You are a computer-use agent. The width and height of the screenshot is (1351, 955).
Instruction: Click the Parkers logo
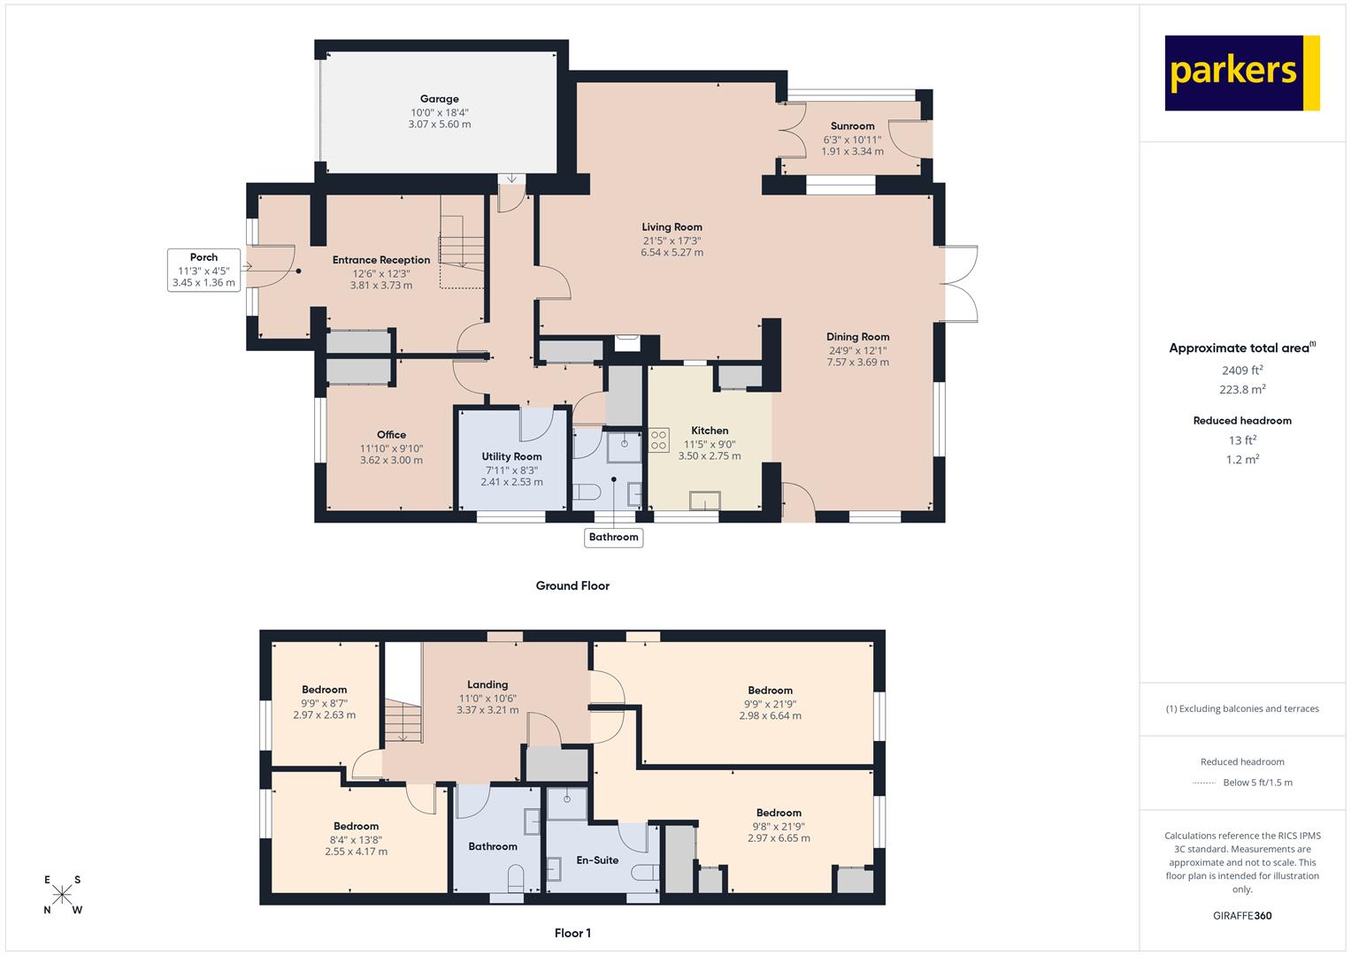[1242, 73]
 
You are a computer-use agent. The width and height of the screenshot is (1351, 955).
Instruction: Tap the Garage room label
[440, 99]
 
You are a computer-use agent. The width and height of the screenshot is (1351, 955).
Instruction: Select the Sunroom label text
[852, 126]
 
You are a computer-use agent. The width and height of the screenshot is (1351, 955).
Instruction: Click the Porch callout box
[203, 270]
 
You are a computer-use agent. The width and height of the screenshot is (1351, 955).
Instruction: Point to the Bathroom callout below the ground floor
[613, 538]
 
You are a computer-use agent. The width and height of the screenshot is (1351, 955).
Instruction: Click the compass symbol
[62, 895]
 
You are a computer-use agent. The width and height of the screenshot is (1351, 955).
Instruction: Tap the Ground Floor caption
[572, 585]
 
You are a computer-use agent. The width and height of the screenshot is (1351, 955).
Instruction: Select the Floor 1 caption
[572, 933]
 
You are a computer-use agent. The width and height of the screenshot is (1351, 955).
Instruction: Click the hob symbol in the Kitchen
[659, 440]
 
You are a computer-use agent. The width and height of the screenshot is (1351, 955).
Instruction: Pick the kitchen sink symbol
[705, 500]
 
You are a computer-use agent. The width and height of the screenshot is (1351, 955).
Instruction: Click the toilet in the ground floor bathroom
[587, 493]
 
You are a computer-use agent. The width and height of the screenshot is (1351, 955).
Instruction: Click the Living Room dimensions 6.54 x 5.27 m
[672, 252]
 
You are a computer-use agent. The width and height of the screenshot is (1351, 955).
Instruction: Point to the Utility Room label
[511, 456]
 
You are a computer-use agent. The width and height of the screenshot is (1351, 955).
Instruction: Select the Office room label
[391, 435]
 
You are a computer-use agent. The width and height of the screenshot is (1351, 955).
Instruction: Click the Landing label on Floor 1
[487, 684]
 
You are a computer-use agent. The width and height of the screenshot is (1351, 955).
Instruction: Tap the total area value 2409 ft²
[1242, 371]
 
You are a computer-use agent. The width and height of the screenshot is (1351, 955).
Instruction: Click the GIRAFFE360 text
[1242, 915]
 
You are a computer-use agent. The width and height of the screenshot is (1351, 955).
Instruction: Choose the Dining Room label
[857, 337]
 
